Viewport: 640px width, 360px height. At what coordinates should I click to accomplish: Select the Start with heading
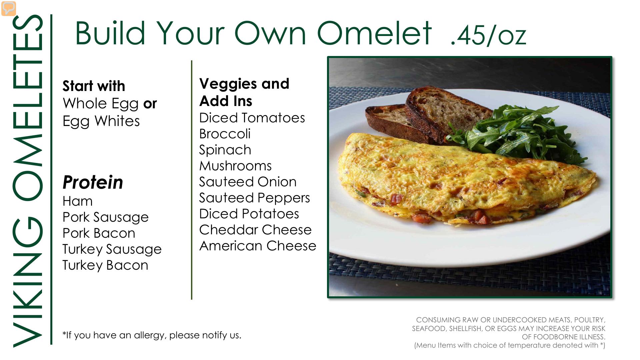pyautogui.click(x=94, y=86)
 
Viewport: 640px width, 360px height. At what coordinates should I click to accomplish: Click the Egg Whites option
pyautogui.click(x=101, y=121)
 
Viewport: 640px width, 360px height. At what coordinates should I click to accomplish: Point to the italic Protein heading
pyautogui.click(x=93, y=182)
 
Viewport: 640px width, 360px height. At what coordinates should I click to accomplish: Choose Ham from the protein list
pyautogui.click(x=78, y=201)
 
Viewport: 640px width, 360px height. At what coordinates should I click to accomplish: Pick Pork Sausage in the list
pyautogui.click(x=105, y=217)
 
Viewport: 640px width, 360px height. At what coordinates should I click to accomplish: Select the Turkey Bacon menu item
pyautogui.click(x=105, y=265)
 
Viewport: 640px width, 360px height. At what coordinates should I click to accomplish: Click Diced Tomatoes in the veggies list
pyautogui.click(x=252, y=118)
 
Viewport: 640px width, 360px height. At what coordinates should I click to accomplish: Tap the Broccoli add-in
pyautogui.click(x=225, y=134)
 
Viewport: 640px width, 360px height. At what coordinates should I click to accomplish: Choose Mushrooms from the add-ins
pyautogui.click(x=235, y=166)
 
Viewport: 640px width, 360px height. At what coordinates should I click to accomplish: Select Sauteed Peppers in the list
pyautogui.click(x=254, y=198)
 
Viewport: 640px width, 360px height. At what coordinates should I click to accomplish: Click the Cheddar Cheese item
pyautogui.click(x=255, y=230)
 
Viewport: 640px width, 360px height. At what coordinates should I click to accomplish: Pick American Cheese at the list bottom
pyautogui.click(x=258, y=246)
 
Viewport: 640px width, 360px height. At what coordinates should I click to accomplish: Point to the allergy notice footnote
pyautogui.click(x=152, y=335)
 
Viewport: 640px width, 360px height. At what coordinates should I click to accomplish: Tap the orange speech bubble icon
pyautogui.click(x=9, y=8)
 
